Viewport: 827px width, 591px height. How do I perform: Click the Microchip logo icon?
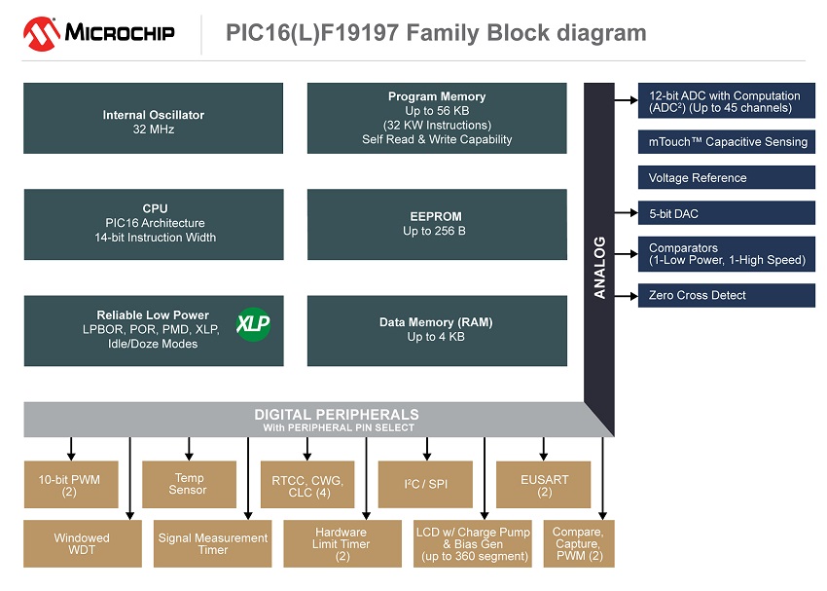[41, 33]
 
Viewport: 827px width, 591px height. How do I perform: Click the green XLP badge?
[253, 322]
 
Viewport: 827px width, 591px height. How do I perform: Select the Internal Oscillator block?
[154, 119]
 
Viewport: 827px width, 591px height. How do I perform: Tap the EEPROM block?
[437, 225]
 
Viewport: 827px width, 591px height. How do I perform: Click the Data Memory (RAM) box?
[437, 330]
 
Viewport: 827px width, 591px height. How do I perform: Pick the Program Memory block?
[437, 119]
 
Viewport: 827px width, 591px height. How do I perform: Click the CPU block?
[154, 225]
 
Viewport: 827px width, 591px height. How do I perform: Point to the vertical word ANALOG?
[599, 267]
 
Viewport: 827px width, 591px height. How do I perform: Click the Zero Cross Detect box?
[726, 295]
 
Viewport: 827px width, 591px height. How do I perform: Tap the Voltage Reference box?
[726, 178]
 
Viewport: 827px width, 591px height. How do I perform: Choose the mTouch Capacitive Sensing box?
[726, 142]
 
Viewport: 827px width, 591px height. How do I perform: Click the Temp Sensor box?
[189, 484]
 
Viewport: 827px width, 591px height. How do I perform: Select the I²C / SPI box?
[425, 484]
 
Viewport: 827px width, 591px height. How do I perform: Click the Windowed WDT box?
[82, 543]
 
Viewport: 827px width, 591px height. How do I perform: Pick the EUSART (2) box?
[543, 484]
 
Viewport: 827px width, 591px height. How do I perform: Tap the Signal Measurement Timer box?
[212, 543]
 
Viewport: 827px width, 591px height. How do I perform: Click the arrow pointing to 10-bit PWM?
[71, 449]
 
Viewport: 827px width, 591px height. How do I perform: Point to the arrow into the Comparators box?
[626, 252]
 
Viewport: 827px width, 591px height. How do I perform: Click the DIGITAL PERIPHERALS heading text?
[337, 415]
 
